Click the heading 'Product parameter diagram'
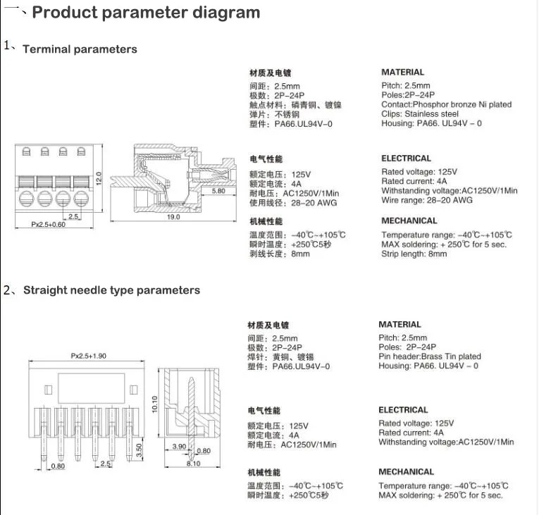tap(147, 13)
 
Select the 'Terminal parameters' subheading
tap(80, 49)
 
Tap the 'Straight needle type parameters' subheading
tap(111, 290)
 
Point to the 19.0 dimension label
tap(173, 217)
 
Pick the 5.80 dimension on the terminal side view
tap(219, 190)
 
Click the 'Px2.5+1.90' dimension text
tap(88, 356)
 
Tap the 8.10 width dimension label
tap(194, 464)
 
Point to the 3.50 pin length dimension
tap(139, 449)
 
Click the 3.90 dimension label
tap(178, 447)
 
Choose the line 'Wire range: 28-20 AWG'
tap(427, 200)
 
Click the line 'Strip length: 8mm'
tap(414, 254)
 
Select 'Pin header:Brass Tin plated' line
tap(430, 356)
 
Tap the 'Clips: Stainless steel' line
tap(420, 114)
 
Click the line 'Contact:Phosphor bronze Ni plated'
tap(447, 104)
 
